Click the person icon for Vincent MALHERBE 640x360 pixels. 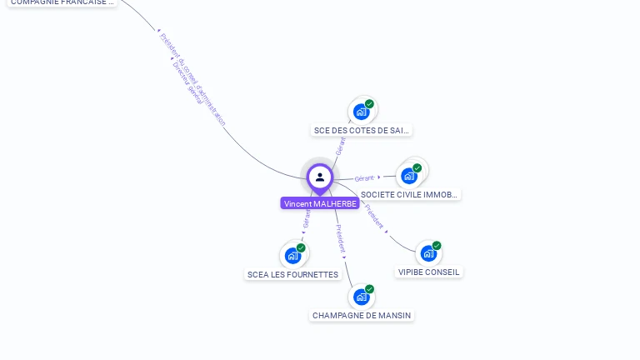320,177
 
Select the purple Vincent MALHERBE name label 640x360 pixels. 320,203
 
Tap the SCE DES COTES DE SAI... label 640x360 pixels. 362,130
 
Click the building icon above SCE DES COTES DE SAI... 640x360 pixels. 361,112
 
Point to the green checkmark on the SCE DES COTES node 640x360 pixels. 369,104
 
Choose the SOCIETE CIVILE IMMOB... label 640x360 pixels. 409,194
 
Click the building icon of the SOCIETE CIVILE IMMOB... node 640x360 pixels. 408,176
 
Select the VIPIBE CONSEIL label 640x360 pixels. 428,272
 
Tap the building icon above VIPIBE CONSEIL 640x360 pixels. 427,253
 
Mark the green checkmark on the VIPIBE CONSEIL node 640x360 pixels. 437,246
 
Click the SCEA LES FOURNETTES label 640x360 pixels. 292,274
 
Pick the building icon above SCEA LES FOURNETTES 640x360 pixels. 292,256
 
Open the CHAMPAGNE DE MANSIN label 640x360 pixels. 362,315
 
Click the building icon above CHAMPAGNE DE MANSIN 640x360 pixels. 361,297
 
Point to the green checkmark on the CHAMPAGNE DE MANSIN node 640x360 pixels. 369,289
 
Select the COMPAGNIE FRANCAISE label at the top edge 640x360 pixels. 62,2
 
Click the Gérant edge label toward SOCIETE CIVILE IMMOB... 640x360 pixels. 364,178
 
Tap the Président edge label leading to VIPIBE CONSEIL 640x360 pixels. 374,215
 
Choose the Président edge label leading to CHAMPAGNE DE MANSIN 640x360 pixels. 340,237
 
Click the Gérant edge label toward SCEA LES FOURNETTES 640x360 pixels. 307,218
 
